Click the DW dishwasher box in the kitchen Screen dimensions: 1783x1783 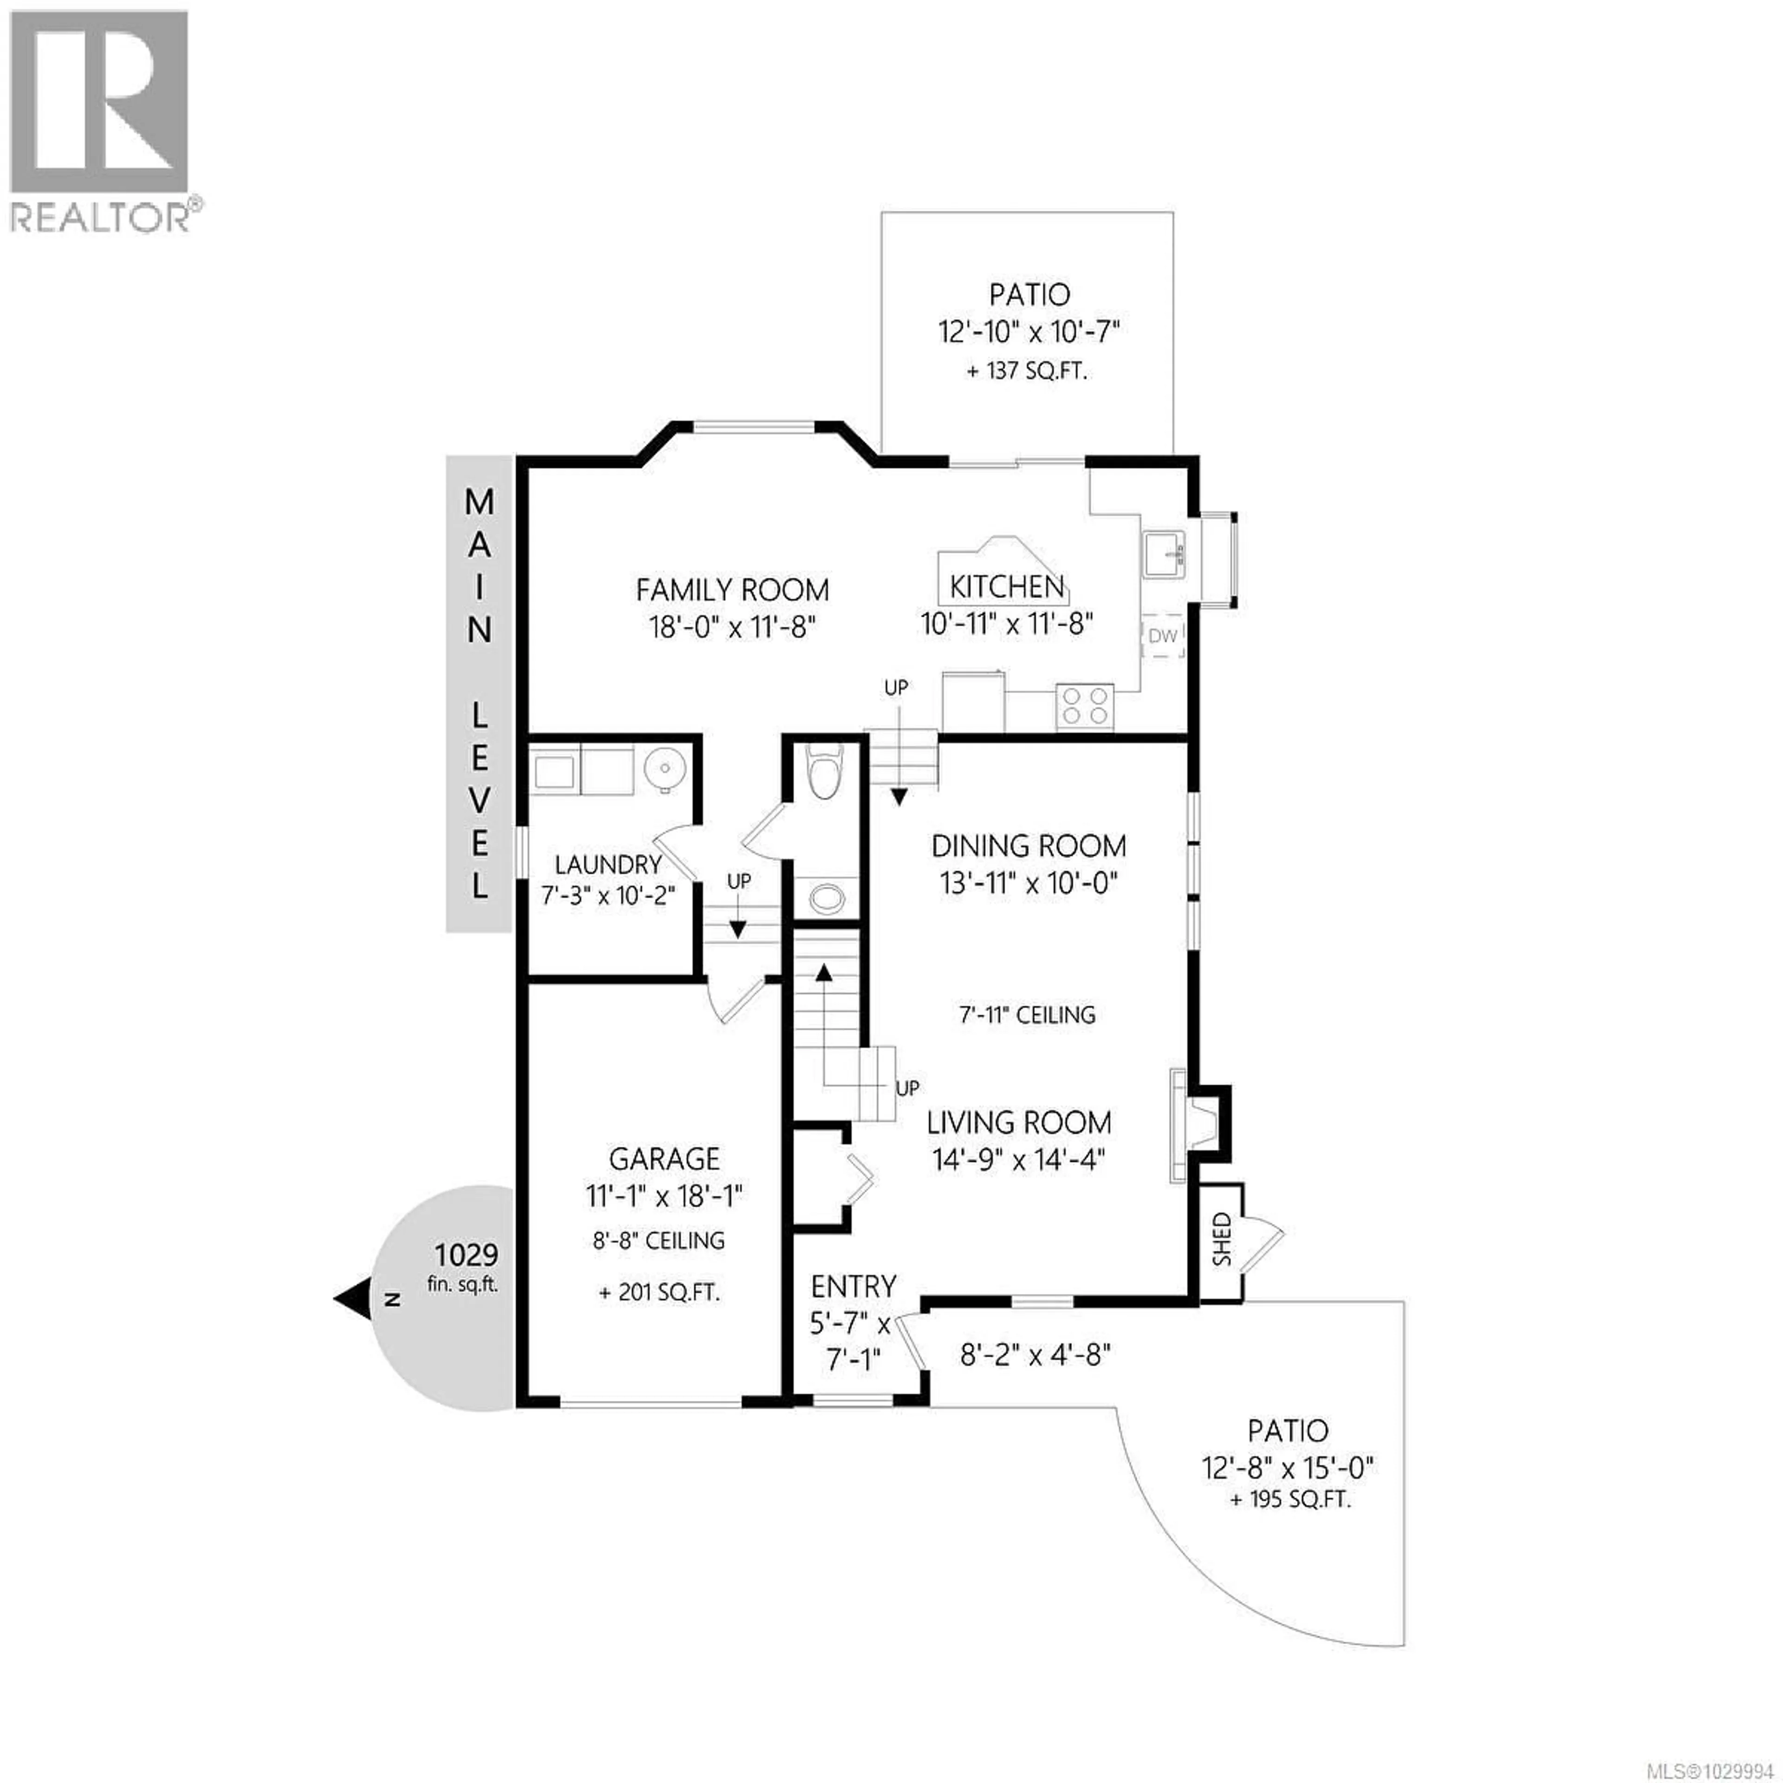1163,635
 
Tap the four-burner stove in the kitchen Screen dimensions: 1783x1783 1084,706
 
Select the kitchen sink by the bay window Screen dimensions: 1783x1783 1165,555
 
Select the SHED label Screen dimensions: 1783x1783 1222,1239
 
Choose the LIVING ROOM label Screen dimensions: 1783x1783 1019,1122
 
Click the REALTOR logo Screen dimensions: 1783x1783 102,120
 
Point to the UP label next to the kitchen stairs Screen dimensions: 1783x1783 895,688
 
